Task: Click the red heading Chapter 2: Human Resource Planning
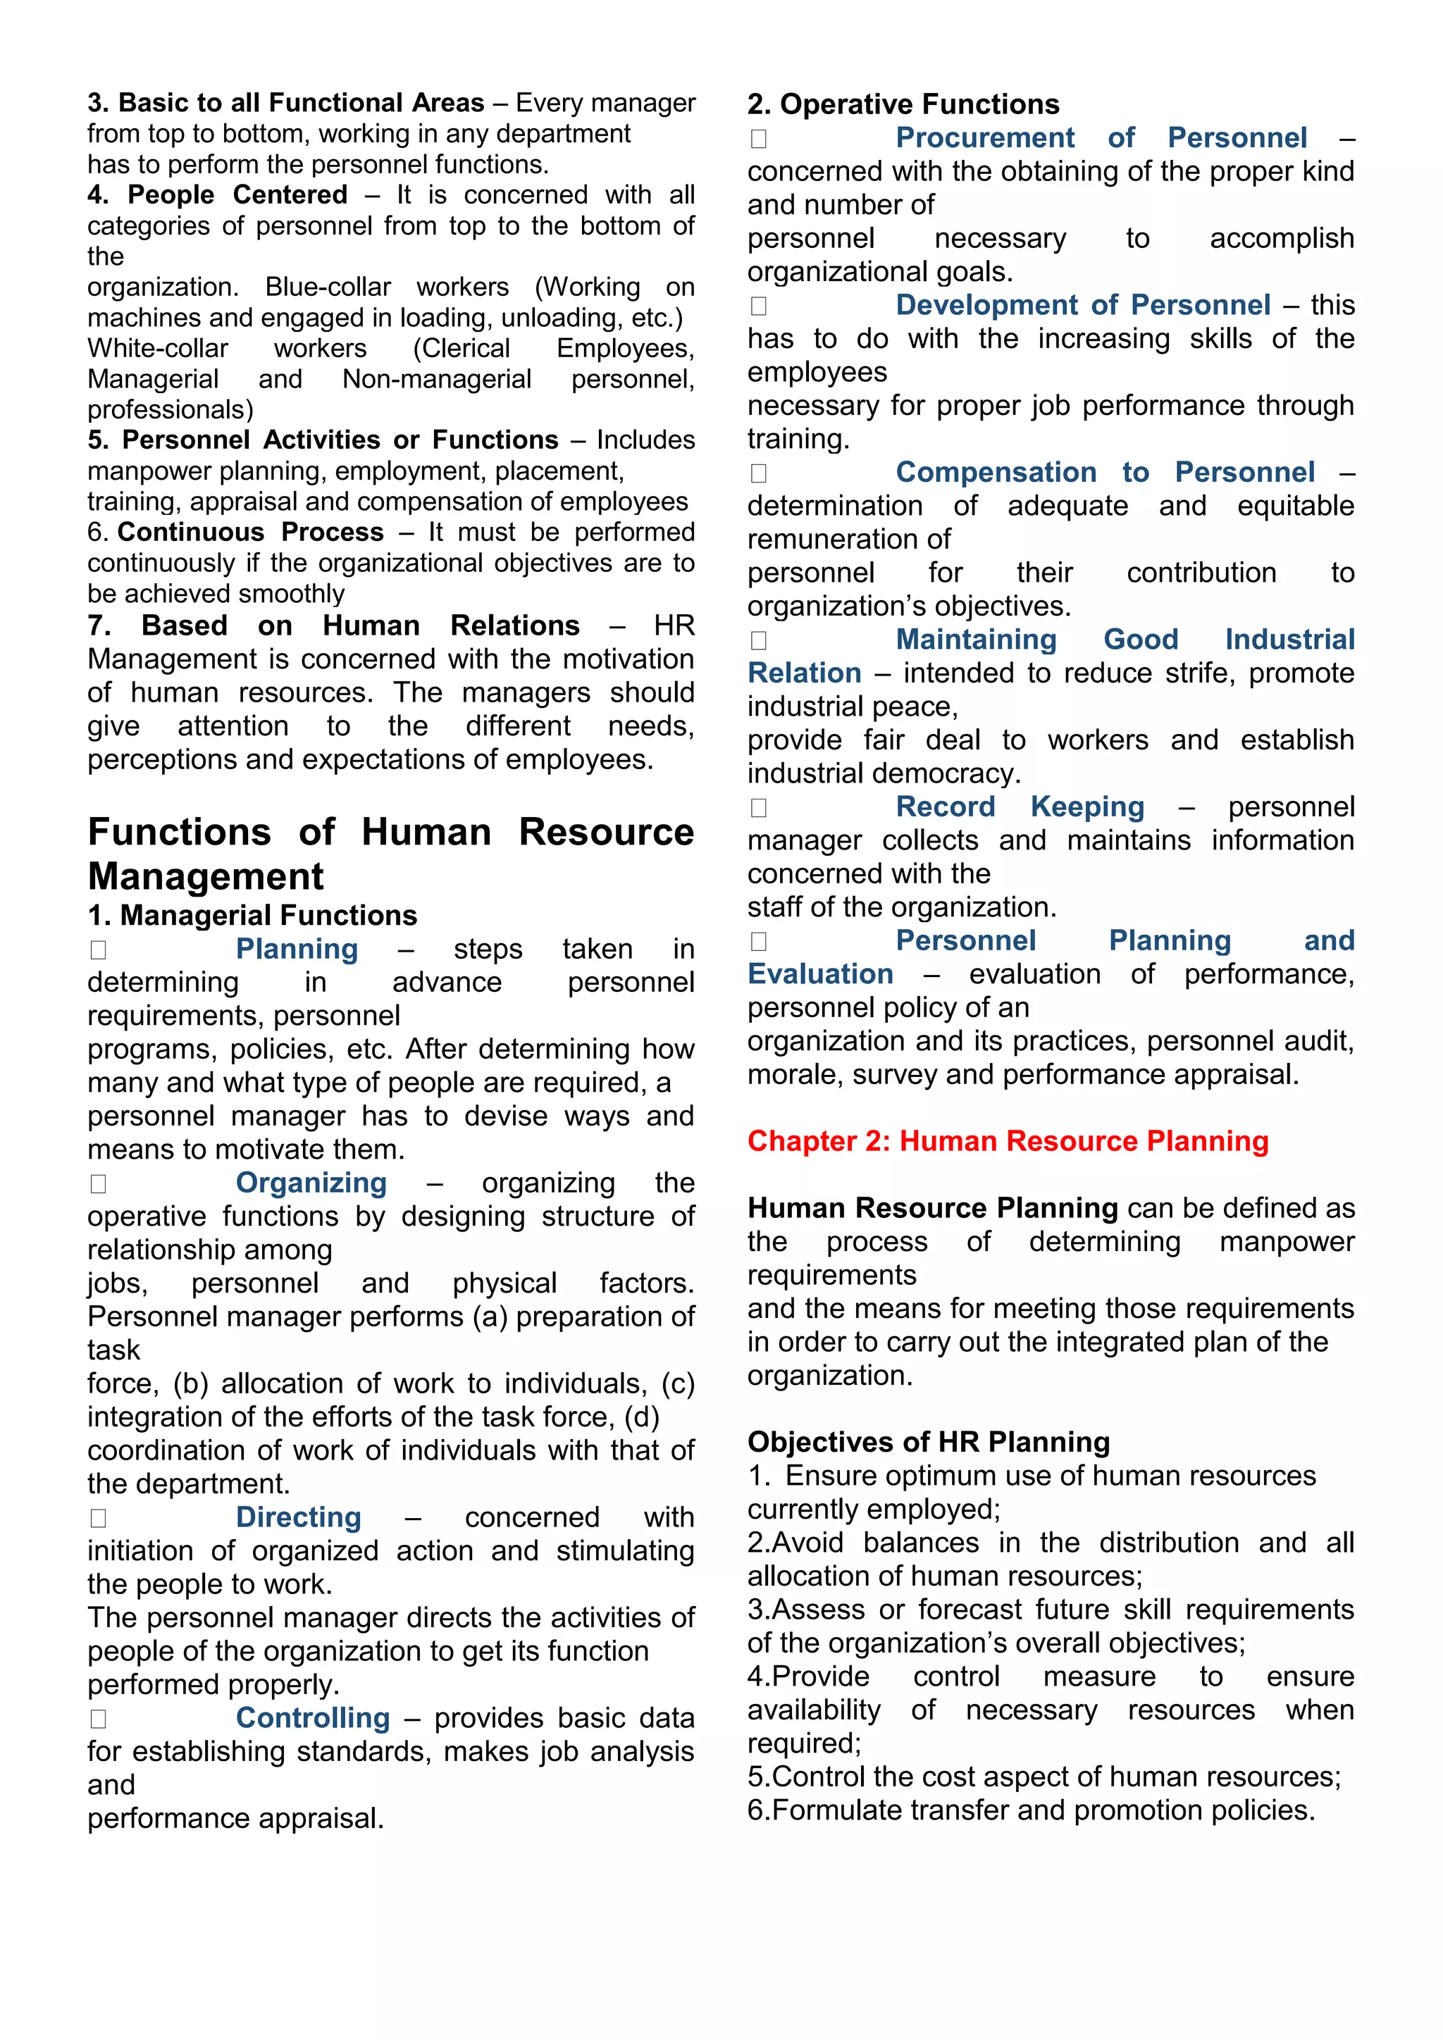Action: (1007, 1141)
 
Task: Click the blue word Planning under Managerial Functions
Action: (296, 949)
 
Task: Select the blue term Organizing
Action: (311, 1183)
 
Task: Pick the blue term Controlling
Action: (313, 1717)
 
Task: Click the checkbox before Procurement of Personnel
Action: (758, 139)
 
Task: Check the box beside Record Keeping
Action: (758, 808)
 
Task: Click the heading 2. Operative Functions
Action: (903, 104)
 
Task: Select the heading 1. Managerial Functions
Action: (252, 915)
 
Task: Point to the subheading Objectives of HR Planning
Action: (929, 1441)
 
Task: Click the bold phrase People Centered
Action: (237, 194)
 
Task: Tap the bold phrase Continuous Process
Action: (251, 533)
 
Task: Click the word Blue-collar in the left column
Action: (328, 287)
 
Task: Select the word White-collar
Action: (157, 348)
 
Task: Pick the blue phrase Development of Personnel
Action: (1082, 305)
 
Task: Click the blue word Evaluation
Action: (819, 974)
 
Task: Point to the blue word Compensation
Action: (995, 472)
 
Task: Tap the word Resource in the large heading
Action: (606, 833)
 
